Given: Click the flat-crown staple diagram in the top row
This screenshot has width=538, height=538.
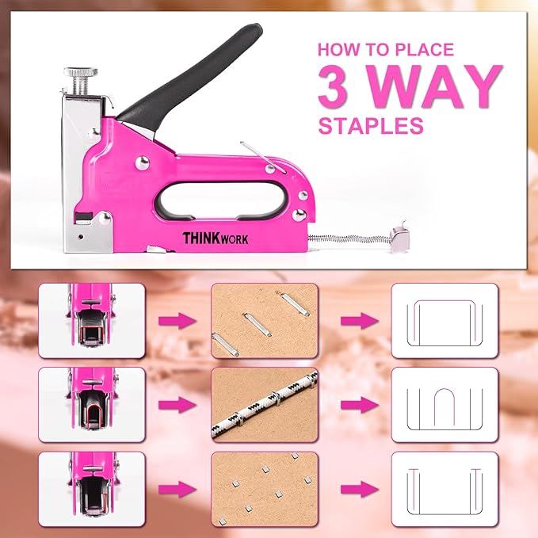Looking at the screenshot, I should coord(445,315).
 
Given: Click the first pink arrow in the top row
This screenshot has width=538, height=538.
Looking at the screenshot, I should coord(177,321).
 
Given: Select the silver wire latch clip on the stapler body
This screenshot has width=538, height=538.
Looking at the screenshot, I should coord(261,154).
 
